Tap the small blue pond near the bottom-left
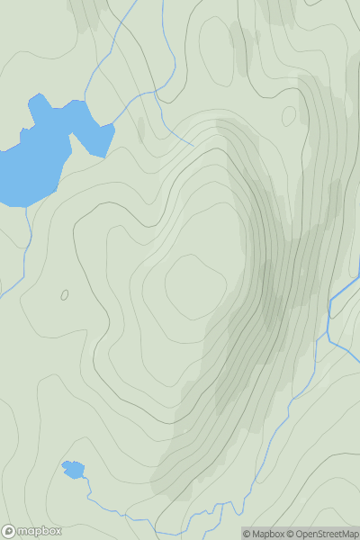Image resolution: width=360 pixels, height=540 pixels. pyautogui.click(x=72, y=469)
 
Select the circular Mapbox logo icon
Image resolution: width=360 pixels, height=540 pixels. pyautogui.click(x=10, y=531)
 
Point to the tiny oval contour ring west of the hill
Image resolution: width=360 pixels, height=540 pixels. pyautogui.click(x=65, y=294)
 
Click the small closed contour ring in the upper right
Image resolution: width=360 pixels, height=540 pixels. pyautogui.click(x=289, y=115)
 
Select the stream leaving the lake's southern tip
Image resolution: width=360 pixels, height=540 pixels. pyautogui.click(x=29, y=216)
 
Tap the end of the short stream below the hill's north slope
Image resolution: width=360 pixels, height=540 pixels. pyautogui.click(x=193, y=144)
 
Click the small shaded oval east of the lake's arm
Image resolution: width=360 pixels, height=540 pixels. pyautogui.click(x=139, y=129)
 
